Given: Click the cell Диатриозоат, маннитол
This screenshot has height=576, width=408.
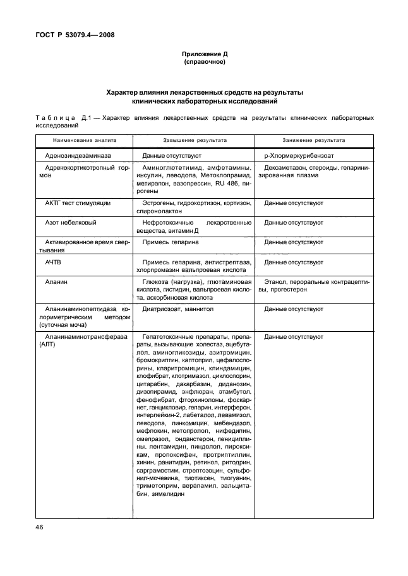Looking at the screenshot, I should coord(178,309).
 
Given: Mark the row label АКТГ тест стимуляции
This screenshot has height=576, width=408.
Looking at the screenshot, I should coord(78,204).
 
